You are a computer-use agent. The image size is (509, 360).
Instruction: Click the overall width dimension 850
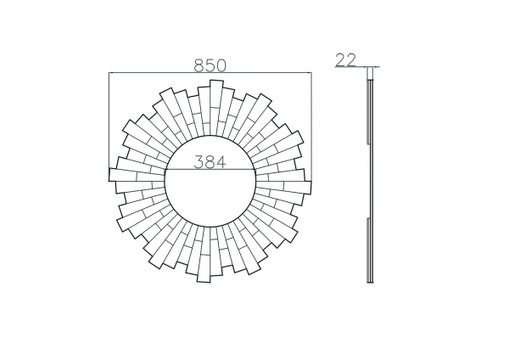pos(210,65)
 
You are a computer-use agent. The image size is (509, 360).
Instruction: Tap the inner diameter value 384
pos(210,161)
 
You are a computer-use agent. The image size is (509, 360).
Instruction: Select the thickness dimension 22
pos(345,59)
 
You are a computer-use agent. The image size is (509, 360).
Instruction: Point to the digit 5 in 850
pos(210,65)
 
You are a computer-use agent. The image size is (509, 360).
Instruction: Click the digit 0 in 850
pos(221,65)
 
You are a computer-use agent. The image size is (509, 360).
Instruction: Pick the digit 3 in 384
pos(199,161)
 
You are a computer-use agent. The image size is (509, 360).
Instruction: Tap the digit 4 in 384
pos(221,161)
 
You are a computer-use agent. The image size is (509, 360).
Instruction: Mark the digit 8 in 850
pos(199,65)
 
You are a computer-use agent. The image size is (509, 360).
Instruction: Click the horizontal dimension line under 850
pos(210,73)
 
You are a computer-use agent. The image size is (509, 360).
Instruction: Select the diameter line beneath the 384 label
pos(210,169)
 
